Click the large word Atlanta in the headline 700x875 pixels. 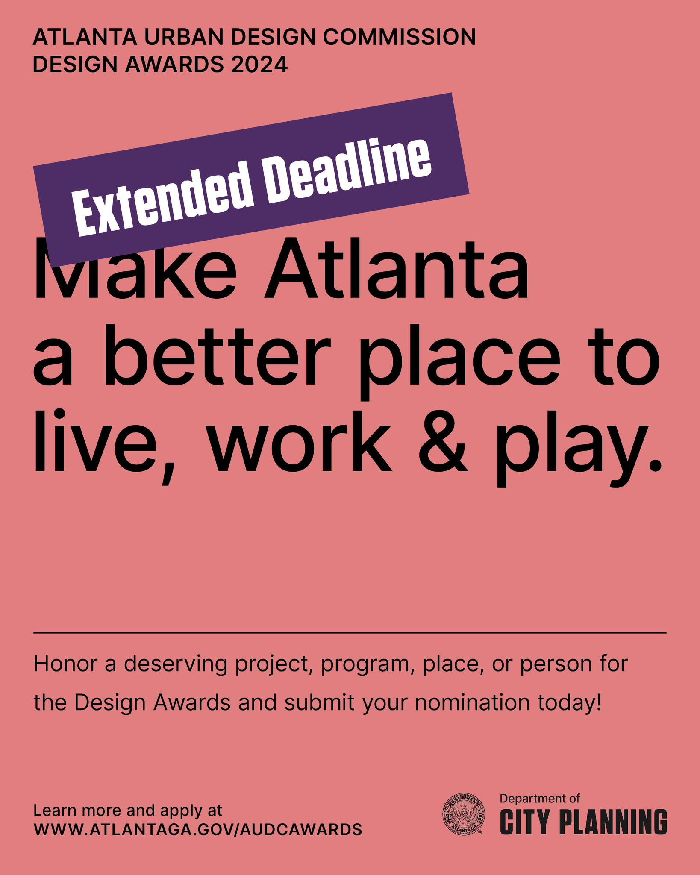tap(397, 270)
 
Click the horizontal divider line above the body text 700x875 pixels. tap(350, 633)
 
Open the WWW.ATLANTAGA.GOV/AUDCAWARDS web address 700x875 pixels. tap(197, 829)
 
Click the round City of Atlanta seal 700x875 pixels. tap(464, 814)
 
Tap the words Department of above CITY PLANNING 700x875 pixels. tap(539, 798)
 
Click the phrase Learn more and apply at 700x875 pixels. tap(127, 810)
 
